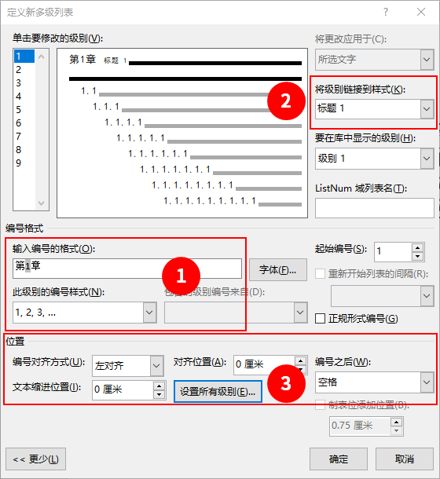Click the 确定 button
339,459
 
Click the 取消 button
405,459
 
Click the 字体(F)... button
277,269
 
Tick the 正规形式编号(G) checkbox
321,319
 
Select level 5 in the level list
19,109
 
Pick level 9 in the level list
19,163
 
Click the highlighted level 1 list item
19,56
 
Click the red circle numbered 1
180,276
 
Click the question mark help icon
386,12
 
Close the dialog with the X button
421,12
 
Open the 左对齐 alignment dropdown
156,365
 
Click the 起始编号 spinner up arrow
417,247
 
